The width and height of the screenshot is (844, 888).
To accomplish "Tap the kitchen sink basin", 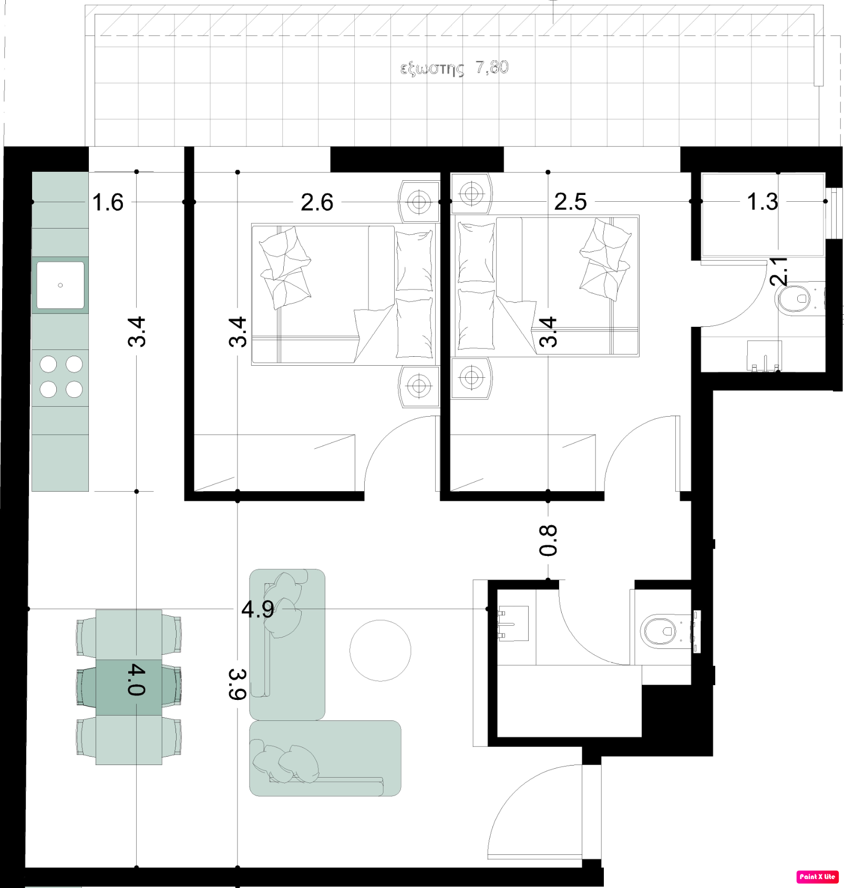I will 60,285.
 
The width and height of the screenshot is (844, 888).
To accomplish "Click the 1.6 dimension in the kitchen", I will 108,202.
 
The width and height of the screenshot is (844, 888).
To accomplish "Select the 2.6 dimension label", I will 317,202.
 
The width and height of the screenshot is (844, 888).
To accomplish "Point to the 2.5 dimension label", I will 570,202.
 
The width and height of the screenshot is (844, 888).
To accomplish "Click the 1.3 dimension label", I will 762,202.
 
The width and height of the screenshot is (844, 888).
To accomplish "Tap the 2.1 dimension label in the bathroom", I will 779,271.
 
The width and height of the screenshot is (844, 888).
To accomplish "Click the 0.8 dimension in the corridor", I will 548,540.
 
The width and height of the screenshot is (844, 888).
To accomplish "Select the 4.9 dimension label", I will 258,610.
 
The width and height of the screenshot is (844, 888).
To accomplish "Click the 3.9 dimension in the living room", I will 238,684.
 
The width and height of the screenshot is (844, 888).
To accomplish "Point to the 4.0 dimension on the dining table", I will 137,679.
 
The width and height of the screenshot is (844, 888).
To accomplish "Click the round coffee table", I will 380,650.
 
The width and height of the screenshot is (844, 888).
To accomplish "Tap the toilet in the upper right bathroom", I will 795,299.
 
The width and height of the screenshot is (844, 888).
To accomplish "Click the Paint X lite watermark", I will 817,876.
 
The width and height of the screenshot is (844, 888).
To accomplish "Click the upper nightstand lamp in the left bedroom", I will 419,202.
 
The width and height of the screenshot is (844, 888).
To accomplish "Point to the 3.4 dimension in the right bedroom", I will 548,332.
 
